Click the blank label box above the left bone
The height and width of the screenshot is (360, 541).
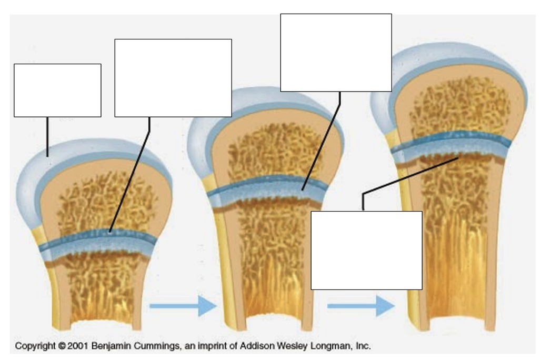(57, 90)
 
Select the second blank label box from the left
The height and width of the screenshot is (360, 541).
(173, 78)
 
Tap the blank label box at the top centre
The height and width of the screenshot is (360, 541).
(336, 53)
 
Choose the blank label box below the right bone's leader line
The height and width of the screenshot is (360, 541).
(366, 250)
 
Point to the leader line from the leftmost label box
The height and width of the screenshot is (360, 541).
(47, 136)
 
